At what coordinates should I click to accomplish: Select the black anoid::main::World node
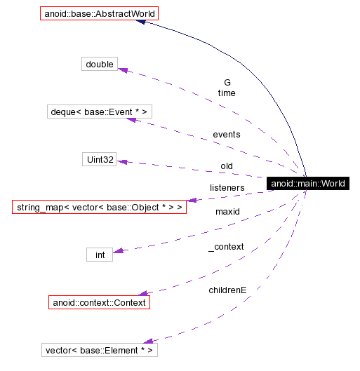coord(307,184)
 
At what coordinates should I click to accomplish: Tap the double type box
coord(99,65)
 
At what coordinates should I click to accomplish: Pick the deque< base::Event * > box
coord(100,112)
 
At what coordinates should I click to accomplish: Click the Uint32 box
coord(99,159)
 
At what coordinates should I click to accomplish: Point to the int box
coord(100,255)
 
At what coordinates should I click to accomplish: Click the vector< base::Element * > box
coord(99,350)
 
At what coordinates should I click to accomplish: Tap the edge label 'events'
coord(226,134)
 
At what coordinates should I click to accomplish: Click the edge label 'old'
coord(227,166)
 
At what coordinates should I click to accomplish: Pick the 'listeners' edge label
coord(227,188)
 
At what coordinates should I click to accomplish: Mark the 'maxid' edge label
coord(227,211)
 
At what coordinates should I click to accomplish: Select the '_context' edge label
coord(226,247)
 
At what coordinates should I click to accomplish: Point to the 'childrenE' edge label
coord(227,290)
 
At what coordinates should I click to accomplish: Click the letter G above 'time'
coord(227,82)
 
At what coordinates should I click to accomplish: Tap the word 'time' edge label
coord(227,93)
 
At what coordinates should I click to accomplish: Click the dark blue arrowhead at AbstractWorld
coord(141,22)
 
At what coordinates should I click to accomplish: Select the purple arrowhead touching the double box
coord(122,69)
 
